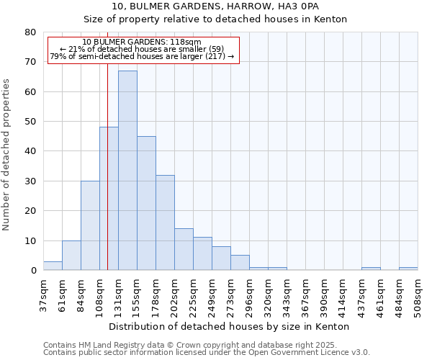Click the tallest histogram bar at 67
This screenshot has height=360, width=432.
[127, 171]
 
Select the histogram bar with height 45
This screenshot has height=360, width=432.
[146, 203]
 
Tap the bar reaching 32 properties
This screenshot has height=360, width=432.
[165, 222]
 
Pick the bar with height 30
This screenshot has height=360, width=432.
[90, 225]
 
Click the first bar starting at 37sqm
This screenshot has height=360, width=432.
[53, 266]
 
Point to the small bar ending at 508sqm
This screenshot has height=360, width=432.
[408, 269]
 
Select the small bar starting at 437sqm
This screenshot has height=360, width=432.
[371, 269]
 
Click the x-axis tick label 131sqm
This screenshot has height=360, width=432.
[119, 295]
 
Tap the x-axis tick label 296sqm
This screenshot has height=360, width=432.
[250, 295]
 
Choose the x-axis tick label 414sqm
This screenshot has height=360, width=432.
[343, 295]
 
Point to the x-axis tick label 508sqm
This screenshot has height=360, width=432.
[418, 295]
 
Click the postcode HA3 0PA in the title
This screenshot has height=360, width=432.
[296, 6]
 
